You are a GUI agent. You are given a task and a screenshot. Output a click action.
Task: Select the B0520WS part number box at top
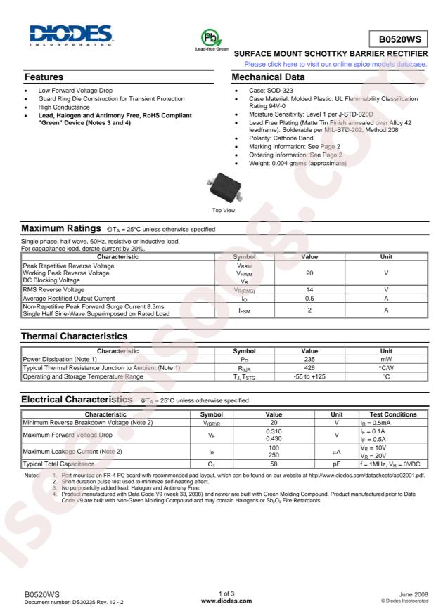click(398, 40)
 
